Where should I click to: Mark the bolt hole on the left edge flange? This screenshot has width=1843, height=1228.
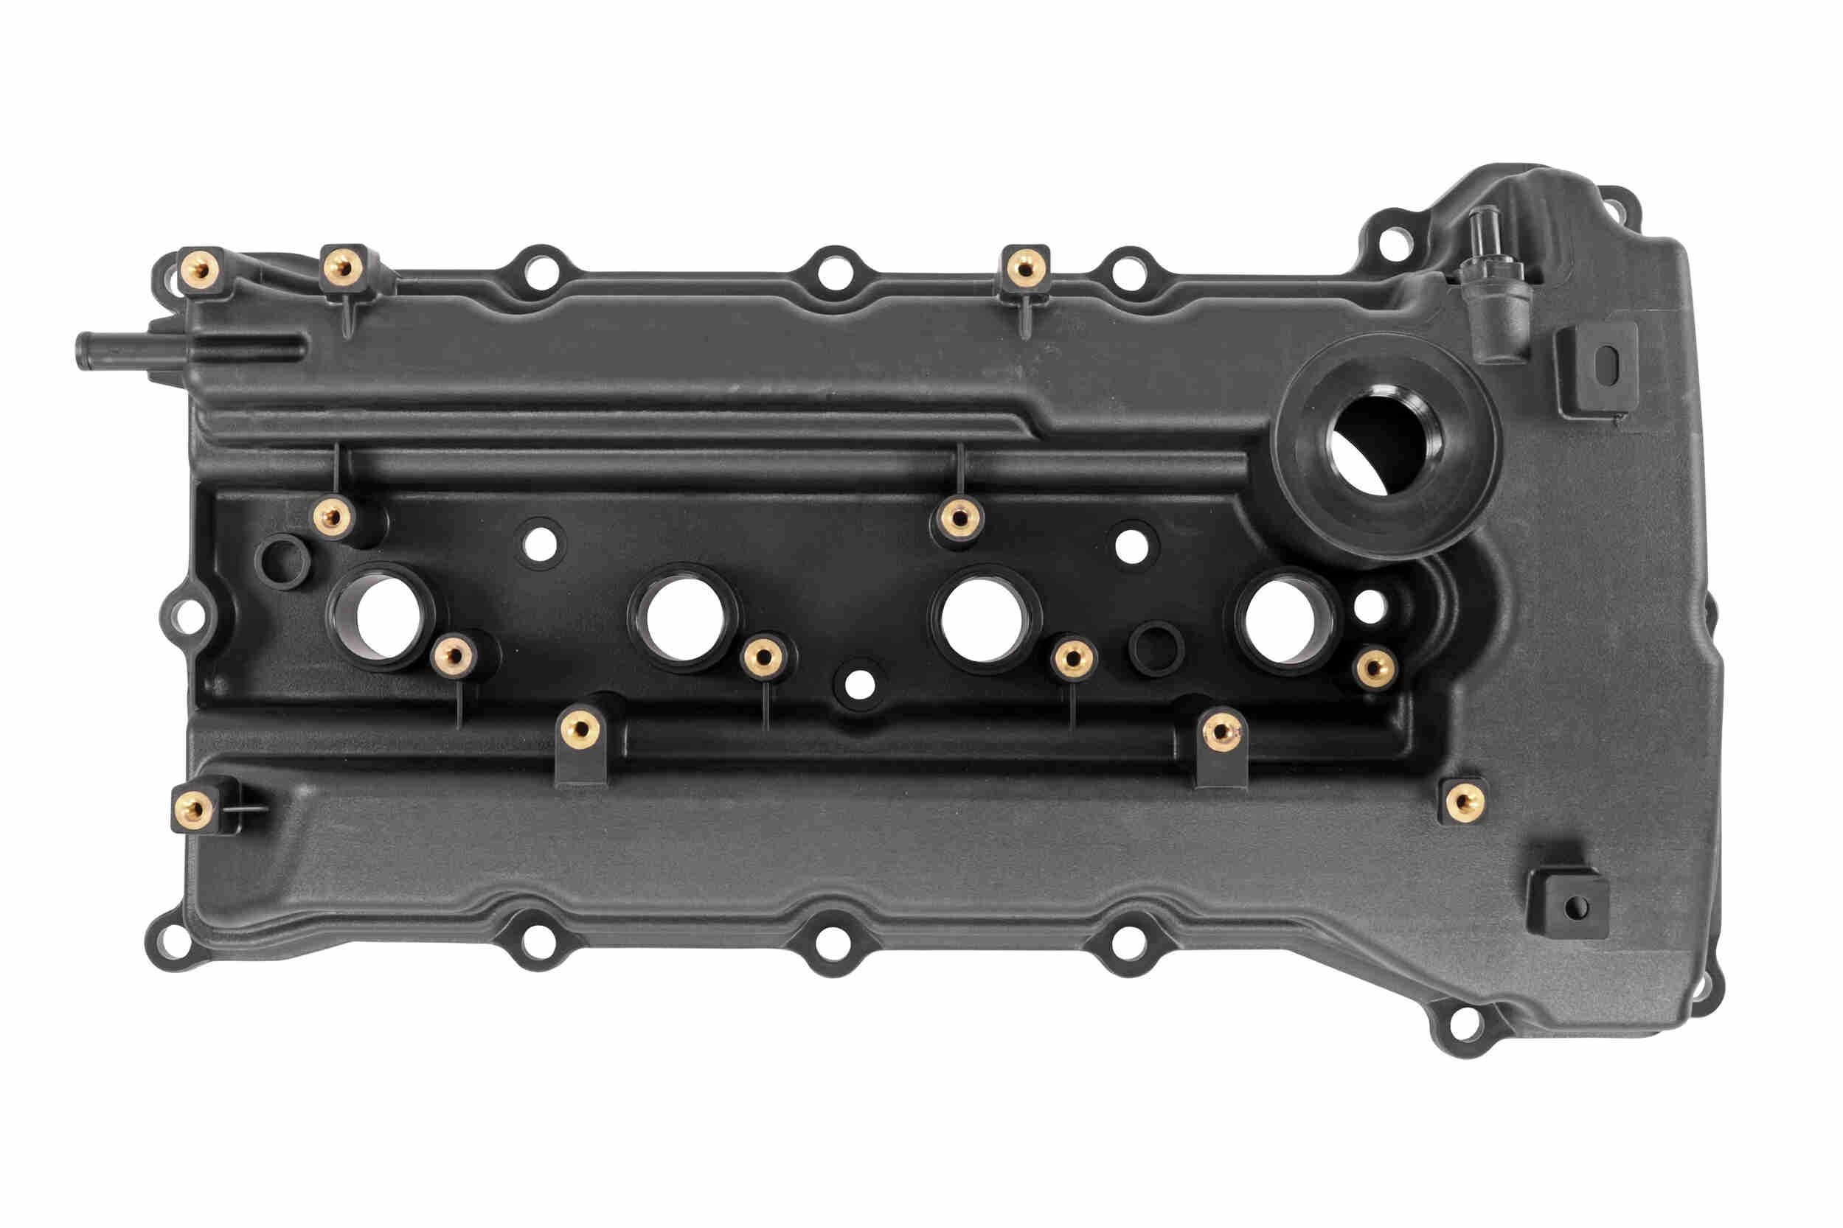tap(185, 613)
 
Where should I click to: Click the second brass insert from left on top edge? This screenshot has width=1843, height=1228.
tap(341, 267)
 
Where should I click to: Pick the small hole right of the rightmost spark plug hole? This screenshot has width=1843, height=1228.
tap(1369, 606)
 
